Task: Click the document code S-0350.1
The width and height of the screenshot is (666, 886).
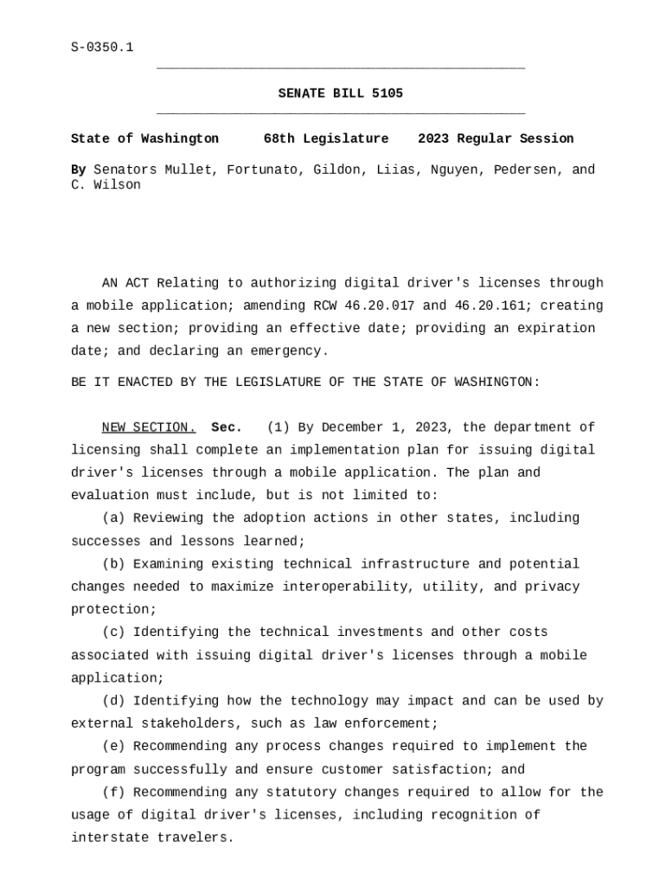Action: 102,48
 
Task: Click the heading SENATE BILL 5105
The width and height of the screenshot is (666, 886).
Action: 340,93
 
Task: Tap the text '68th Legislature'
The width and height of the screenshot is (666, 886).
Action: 326,138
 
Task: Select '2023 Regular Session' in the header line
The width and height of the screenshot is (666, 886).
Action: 496,138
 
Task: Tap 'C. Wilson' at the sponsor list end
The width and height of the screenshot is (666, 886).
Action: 106,185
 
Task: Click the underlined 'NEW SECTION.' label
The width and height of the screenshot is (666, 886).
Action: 149,427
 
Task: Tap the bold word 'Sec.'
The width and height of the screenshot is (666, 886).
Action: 227,427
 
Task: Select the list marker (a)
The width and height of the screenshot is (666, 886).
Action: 113,518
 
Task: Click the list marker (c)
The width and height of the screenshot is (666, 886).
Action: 113,632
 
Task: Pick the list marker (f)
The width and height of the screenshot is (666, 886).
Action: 113,793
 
